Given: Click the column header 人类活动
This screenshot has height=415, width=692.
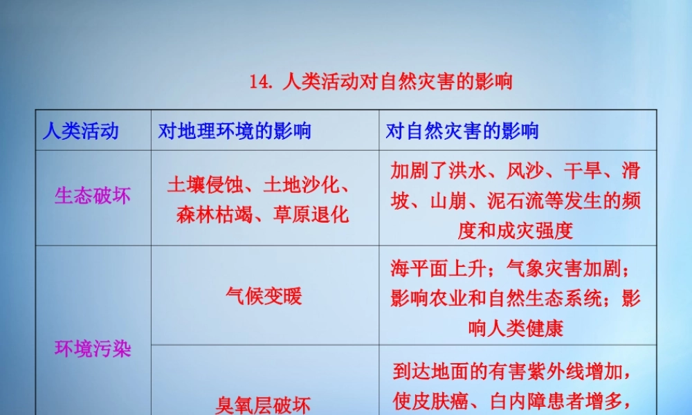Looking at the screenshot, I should [80, 131].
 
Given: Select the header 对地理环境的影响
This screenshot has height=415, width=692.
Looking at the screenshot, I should [235, 131].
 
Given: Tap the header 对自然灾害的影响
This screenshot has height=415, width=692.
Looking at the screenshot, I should [462, 131].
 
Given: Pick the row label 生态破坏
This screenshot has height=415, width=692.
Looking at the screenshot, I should [93, 196].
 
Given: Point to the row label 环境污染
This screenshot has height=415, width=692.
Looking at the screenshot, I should [93, 349].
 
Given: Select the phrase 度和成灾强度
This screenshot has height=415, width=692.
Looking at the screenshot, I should [516, 230].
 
